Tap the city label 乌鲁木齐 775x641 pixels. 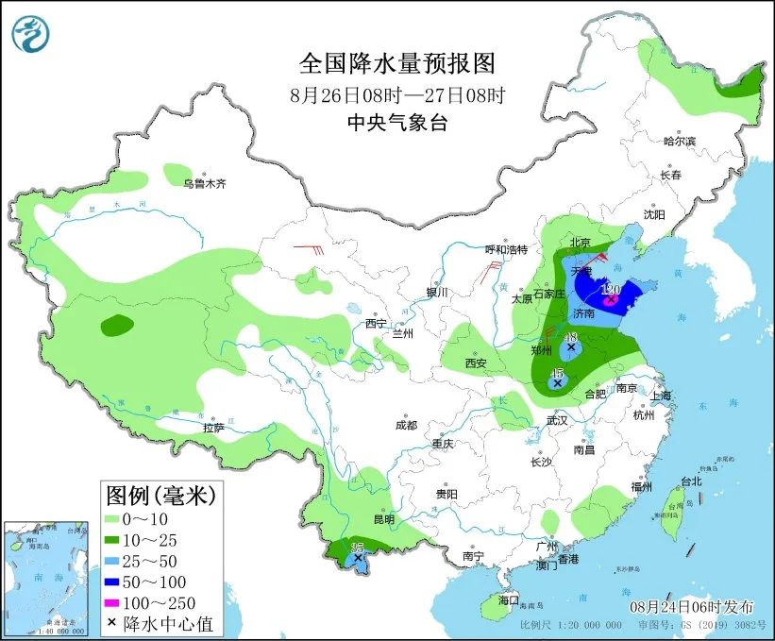205,184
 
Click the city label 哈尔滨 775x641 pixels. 678,141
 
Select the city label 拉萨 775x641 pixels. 213,428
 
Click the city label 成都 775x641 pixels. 407,426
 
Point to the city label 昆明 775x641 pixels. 384,519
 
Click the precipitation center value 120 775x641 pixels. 610,289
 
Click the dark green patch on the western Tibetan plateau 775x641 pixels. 117,326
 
